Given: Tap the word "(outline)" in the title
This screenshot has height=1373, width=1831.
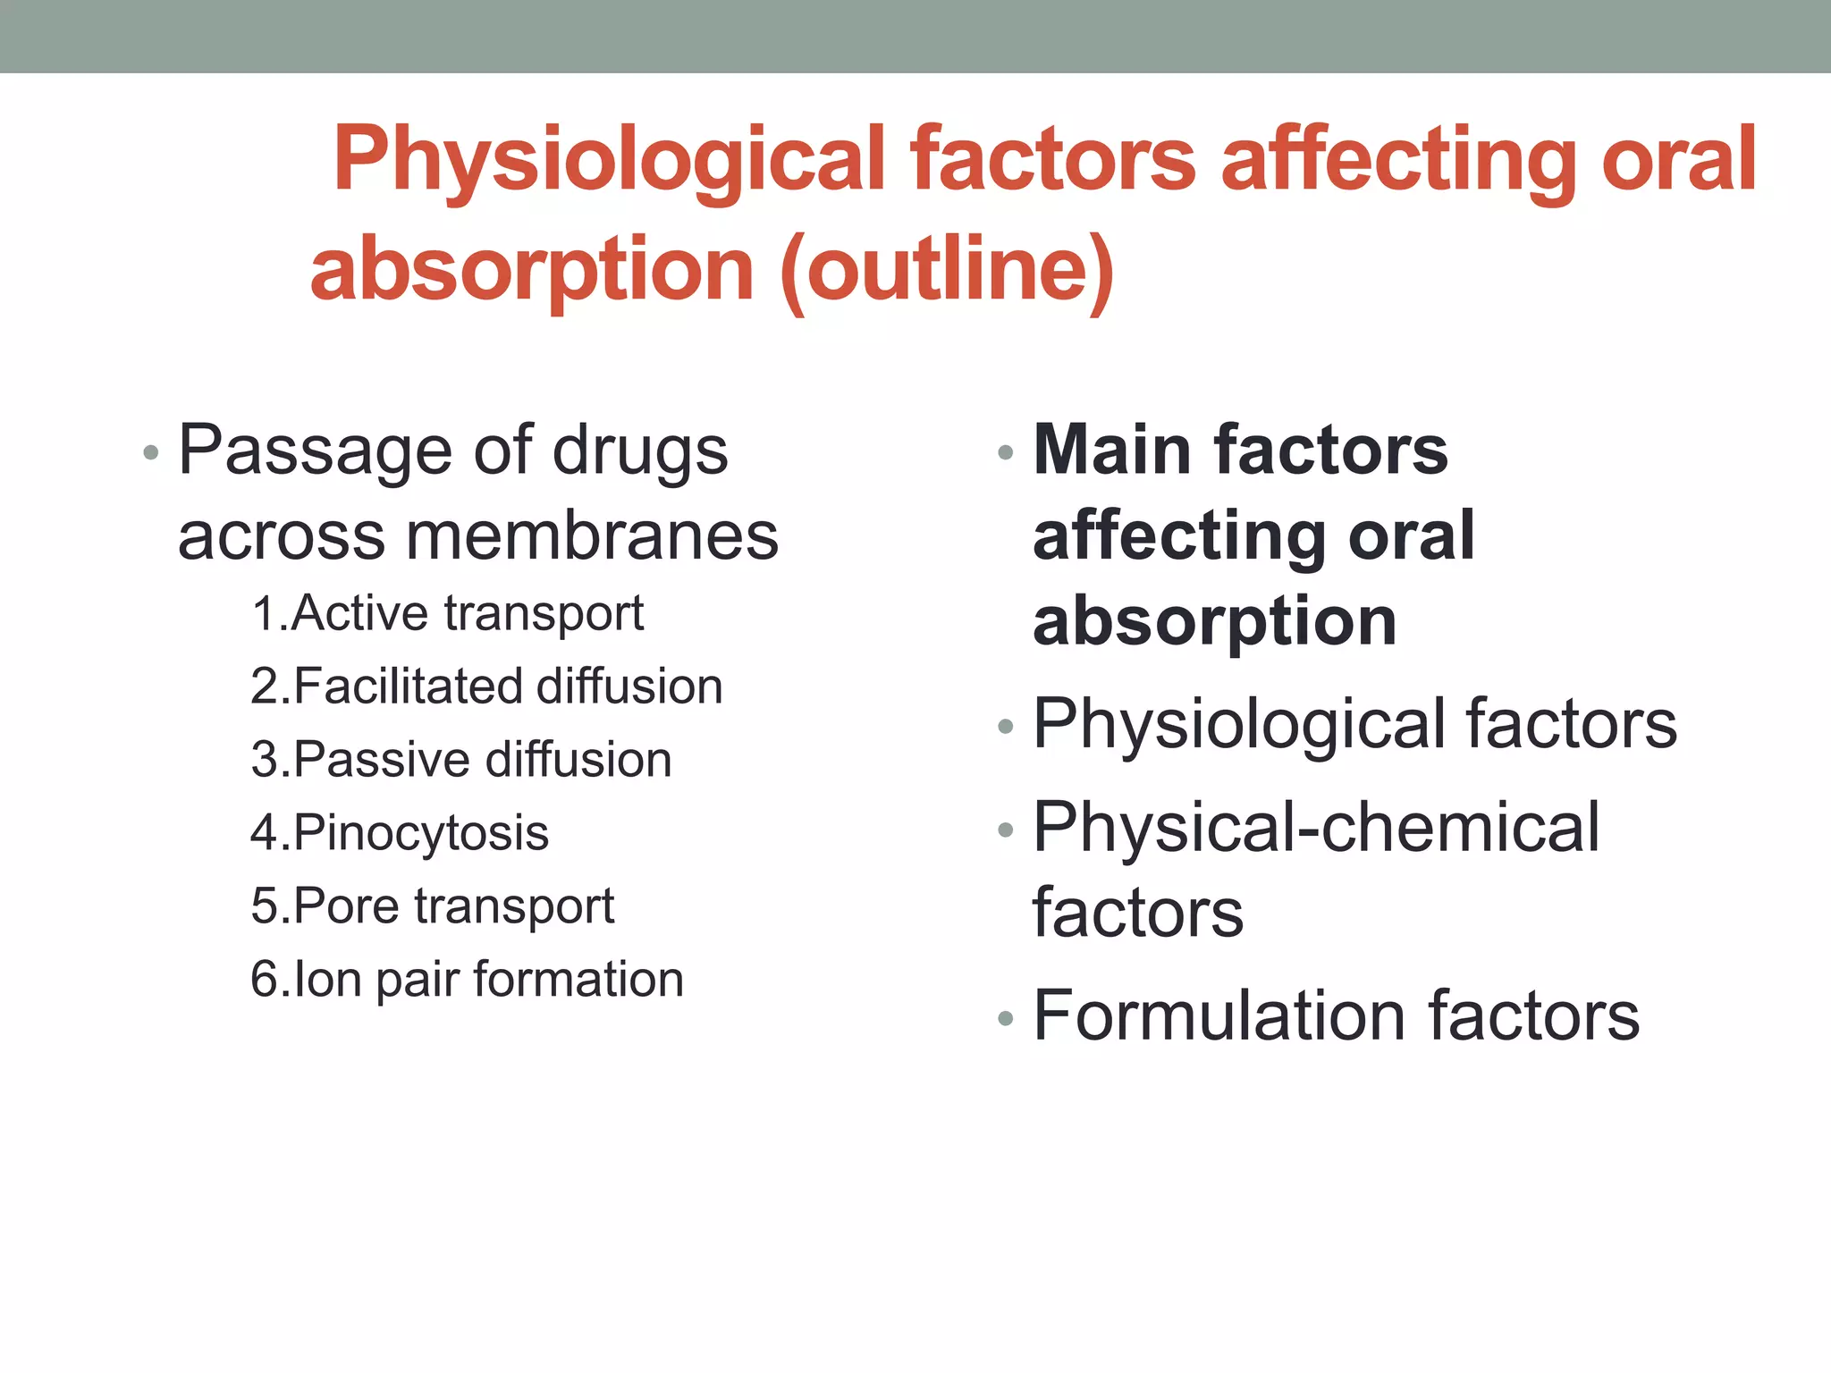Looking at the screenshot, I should click(x=948, y=270).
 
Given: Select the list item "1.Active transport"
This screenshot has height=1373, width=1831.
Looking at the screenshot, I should click(x=447, y=614).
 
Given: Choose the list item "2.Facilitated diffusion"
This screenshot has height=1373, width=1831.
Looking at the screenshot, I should click(x=486, y=687).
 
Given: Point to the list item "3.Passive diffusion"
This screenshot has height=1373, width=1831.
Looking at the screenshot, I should click(x=460, y=761).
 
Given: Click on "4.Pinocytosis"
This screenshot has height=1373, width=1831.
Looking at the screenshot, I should click(x=400, y=834).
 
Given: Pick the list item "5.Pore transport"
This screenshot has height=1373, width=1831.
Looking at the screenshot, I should click(x=433, y=906).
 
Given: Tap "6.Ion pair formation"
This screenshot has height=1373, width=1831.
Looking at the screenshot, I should click(x=467, y=980).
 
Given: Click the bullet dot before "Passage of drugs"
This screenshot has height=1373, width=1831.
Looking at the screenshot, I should click(x=151, y=453).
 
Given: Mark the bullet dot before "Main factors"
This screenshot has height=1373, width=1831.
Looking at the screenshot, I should click(x=1006, y=453).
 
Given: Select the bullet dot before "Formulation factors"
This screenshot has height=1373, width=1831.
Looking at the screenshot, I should click(x=1006, y=1018).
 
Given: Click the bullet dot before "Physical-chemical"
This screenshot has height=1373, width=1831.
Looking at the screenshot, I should click(x=1006, y=830).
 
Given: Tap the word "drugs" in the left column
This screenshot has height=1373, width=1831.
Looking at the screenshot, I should click(x=640, y=452).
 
